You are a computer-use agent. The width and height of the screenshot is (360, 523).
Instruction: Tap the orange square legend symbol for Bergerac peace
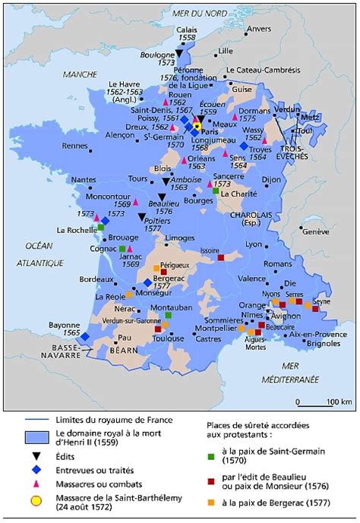click(215, 501)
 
